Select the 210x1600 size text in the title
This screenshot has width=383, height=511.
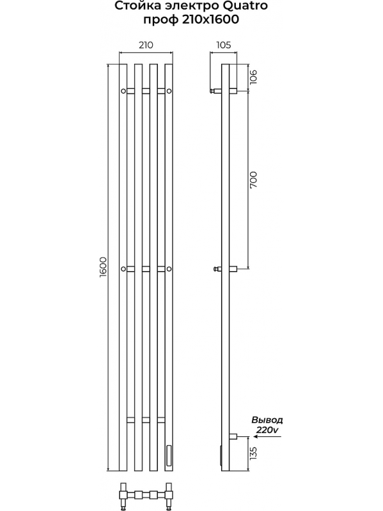pyautogui.click(x=210, y=20)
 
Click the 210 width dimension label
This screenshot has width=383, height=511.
pyautogui.click(x=146, y=45)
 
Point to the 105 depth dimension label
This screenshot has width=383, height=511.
pyautogui.click(x=223, y=45)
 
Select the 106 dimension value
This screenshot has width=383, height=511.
pyautogui.click(x=253, y=77)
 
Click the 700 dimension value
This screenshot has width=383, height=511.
pyautogui.click(x=253, y=179)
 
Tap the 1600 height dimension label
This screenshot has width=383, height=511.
pyautogui.click(x=102, y=267)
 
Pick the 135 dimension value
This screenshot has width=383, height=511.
pyautogui.click(x=253, y=453)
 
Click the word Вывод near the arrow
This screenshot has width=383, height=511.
pyautogui.click(x=267, y=420)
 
